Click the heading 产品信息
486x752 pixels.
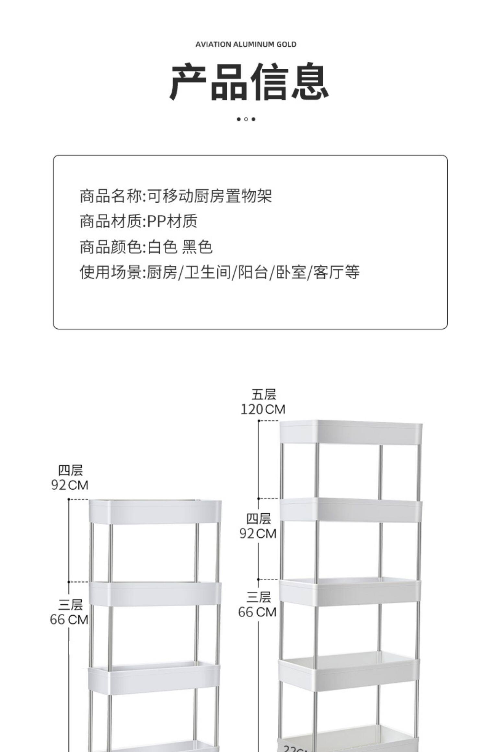tap(249, 82)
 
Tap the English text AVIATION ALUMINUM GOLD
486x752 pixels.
tap(246, 44)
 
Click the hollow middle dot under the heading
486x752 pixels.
tap(246, 119)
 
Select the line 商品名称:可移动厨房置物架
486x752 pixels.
tap(176, 196)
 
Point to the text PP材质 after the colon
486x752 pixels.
tap(172, 222)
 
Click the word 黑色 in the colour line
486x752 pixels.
tap(197, 247)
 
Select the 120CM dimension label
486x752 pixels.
tap(263, 409)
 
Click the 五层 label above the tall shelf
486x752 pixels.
tap(264, 395)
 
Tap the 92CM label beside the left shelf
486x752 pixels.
tap(70, 485)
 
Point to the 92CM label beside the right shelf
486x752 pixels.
tap(258, 533)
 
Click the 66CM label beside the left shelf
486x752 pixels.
tap(69, 620)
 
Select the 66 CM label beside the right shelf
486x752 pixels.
tap(257, 612)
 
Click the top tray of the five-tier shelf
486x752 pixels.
tap(351, 432)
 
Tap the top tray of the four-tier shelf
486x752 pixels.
tap(155, 512)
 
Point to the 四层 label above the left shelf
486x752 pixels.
tap(70, 470)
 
